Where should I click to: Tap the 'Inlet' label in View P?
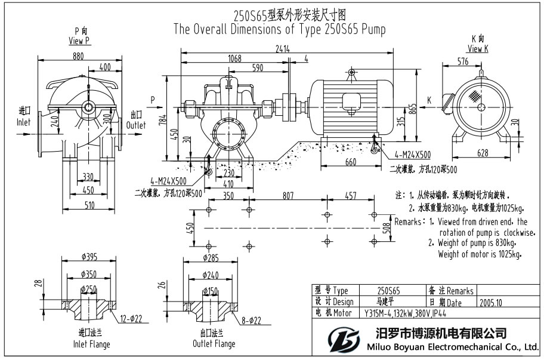24,122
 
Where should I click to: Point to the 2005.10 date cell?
490,303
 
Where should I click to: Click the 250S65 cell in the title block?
389,291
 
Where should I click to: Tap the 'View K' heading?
478,49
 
